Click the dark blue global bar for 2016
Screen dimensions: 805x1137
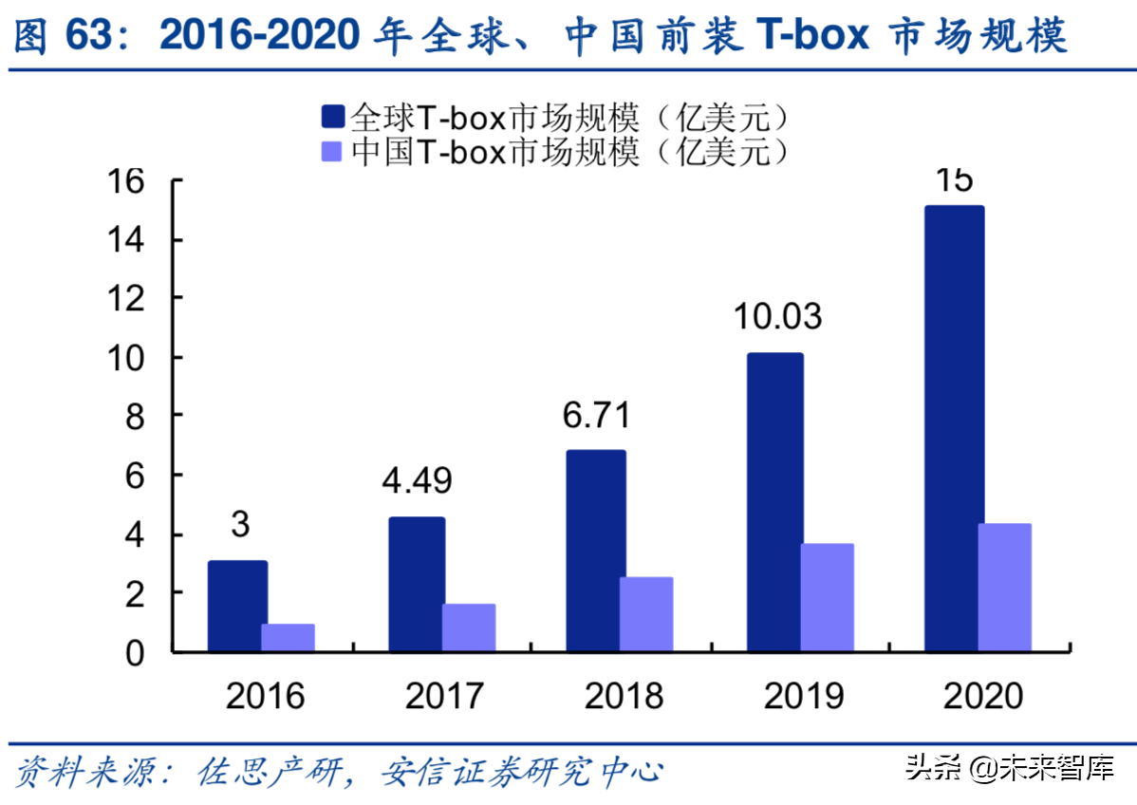237,607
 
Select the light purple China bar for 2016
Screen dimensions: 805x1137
288,638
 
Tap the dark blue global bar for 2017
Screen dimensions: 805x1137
418,585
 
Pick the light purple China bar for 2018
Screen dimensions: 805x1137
646,614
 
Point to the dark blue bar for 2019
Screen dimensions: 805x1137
774,502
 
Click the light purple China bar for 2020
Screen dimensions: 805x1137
1004,588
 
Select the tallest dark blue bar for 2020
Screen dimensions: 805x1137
954,428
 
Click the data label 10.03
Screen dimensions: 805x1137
776,316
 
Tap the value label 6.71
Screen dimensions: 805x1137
597,415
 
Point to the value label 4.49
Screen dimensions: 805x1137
418,480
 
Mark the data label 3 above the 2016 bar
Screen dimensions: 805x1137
239,524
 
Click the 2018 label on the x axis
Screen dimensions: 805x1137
624,697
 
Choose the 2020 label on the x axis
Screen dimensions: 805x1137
983,697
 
